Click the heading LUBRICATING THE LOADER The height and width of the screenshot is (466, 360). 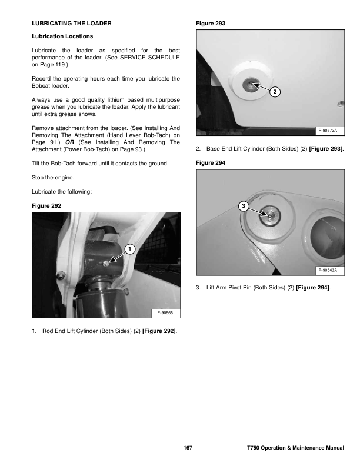pos(71,24)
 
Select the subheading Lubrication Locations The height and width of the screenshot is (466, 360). pos(62,36)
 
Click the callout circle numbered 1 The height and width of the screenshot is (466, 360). pos(129,248)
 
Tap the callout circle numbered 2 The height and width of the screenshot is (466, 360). pos(274,92)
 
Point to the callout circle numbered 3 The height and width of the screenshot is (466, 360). pos(244,205)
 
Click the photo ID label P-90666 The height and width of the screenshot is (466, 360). pos(164,312)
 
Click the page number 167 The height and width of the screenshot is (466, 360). pos(188,449)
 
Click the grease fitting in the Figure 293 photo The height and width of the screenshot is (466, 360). pos(252,85)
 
